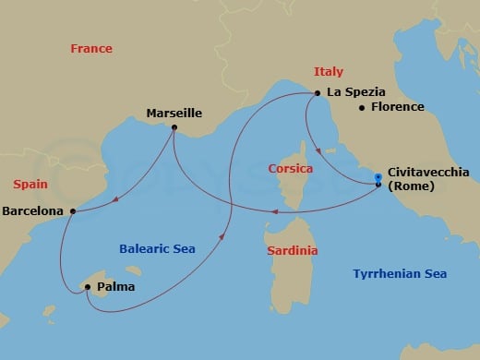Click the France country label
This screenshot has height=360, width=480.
tap(91, 48)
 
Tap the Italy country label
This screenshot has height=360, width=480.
tap(329, 71)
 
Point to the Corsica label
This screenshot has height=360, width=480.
tap(291, 169)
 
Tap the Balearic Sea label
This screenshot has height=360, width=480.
tap(155, 248)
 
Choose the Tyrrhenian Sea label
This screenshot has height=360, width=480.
tap(404, 273)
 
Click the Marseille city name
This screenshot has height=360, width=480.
tap(174, 114)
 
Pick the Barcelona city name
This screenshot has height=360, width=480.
tap(33, 210)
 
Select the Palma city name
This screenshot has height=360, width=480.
tap(115, 287)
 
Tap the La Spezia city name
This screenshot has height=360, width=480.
tap(355, 92)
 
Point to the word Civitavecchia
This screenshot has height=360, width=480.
tap(429, 172)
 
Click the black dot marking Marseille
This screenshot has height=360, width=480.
tap(174, 127)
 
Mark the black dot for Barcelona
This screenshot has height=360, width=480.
tap(72, 211)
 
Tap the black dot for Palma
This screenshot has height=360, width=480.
tap(88, 287)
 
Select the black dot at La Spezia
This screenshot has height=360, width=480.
tap(318, 92)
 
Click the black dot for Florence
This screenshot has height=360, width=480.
tap(362, 108)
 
